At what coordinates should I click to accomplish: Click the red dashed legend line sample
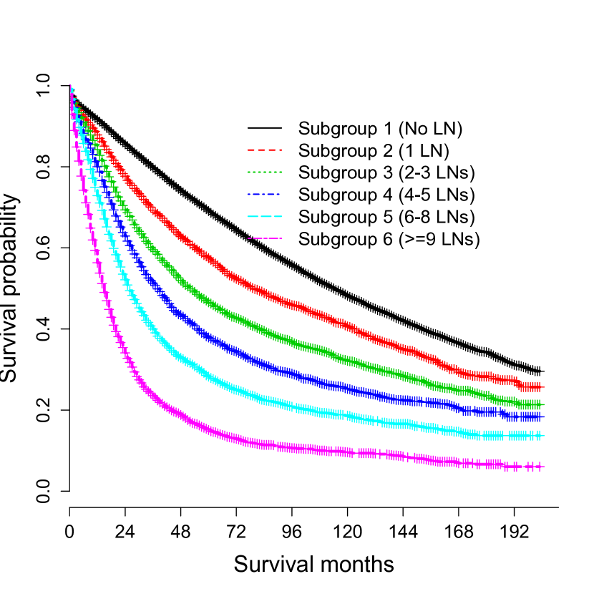(x=265, y=150)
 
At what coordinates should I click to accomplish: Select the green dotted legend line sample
(x=265, y=172)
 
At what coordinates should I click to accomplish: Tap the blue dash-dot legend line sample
(x=265, y=195)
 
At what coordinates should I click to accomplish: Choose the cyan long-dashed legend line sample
(x=265, y=216)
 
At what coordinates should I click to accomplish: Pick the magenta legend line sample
(x=265, y=238)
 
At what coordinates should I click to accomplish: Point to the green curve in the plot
(x=286, y=339)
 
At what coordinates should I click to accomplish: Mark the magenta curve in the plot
(x=286, y=447)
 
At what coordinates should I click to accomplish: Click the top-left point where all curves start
(x=71, y=87)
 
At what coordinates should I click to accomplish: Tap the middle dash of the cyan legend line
(x=265, y=216)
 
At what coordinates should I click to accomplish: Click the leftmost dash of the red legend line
(x=251, y=150)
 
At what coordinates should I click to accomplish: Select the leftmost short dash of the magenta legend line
(x=249, y=238)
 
